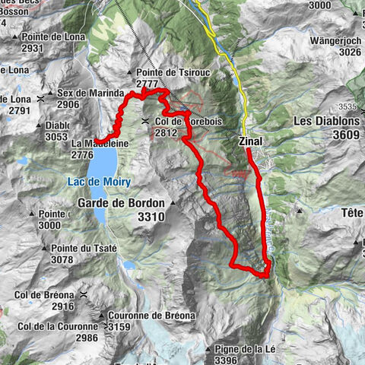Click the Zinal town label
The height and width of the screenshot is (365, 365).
click(252, 141)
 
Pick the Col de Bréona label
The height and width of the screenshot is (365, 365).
click(47, 295)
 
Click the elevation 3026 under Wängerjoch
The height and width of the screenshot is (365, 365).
click(349, 52)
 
